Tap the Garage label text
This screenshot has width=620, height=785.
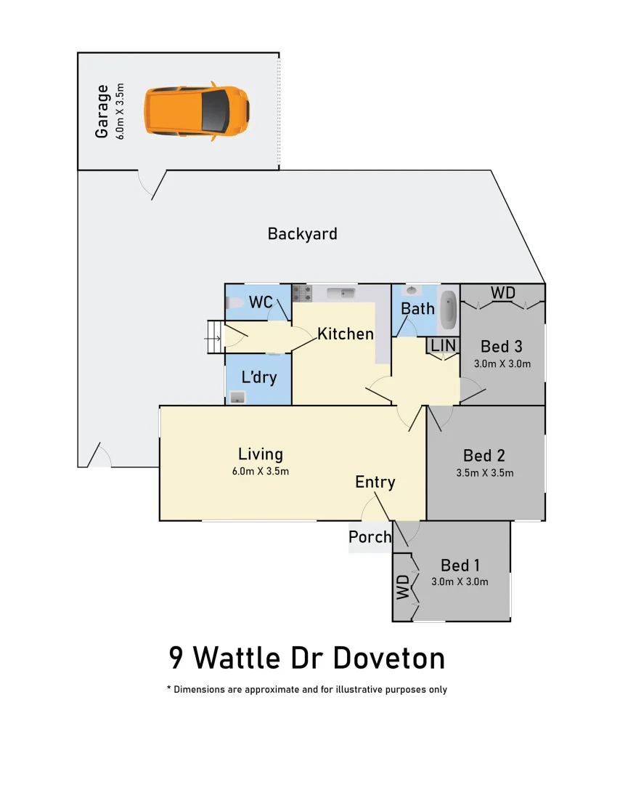tap(102, 111)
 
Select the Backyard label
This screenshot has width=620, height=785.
tap(302, 234)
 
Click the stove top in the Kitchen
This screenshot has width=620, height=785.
tap(301, 294)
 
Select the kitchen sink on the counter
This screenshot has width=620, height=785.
tap(340, 293)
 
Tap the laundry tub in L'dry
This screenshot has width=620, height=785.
tap(237, 397)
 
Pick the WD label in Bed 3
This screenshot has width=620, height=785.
tap(502, 293)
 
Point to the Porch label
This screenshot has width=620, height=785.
tap(370, 537)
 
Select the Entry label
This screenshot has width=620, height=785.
tap(375, 482)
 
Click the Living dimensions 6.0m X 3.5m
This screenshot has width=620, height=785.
tap(261, 471)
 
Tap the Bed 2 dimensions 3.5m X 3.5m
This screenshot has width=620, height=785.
tap(484, 472)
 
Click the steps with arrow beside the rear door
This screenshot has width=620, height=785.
tap(213, 337)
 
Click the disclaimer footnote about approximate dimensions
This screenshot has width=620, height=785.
tap(307, 689)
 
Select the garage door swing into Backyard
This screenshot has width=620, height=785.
tap(150, 185)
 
